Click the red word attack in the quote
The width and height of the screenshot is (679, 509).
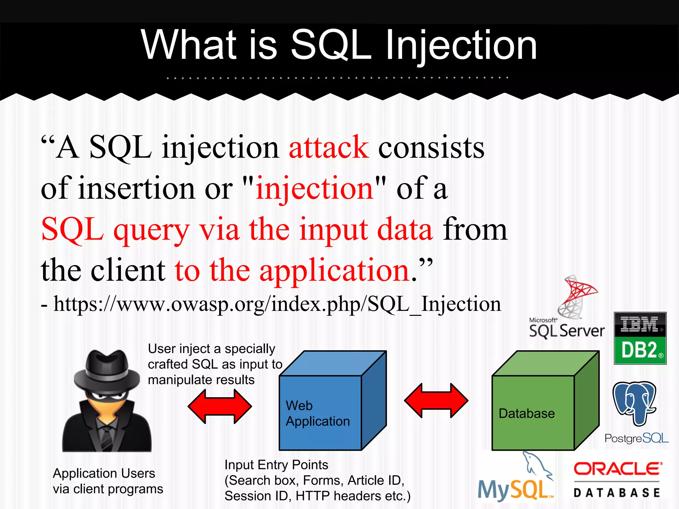329,147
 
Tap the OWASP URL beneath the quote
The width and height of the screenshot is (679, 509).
277,304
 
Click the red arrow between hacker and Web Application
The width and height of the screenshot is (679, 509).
220,406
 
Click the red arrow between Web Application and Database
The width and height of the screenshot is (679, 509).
436,401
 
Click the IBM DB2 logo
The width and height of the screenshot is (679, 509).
640,338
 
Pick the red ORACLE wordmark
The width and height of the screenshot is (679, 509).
617,469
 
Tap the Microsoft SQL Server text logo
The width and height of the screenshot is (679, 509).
567,330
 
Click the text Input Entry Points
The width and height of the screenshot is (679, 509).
276,465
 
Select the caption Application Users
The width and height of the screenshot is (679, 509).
104,473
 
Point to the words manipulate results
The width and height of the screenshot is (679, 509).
201,380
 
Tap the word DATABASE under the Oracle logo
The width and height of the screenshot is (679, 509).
617,493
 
